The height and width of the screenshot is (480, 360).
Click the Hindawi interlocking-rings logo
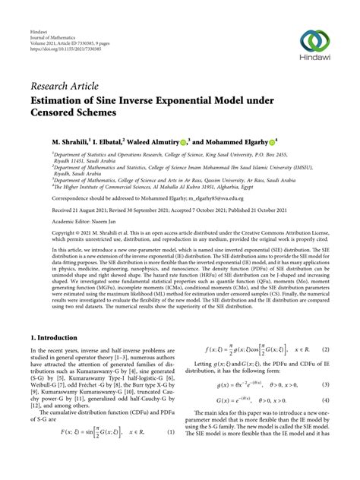click(x=315, y=41)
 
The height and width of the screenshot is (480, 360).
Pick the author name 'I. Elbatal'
click(x=103, y=141)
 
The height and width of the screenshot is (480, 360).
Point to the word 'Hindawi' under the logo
click(x=315, y=63)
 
